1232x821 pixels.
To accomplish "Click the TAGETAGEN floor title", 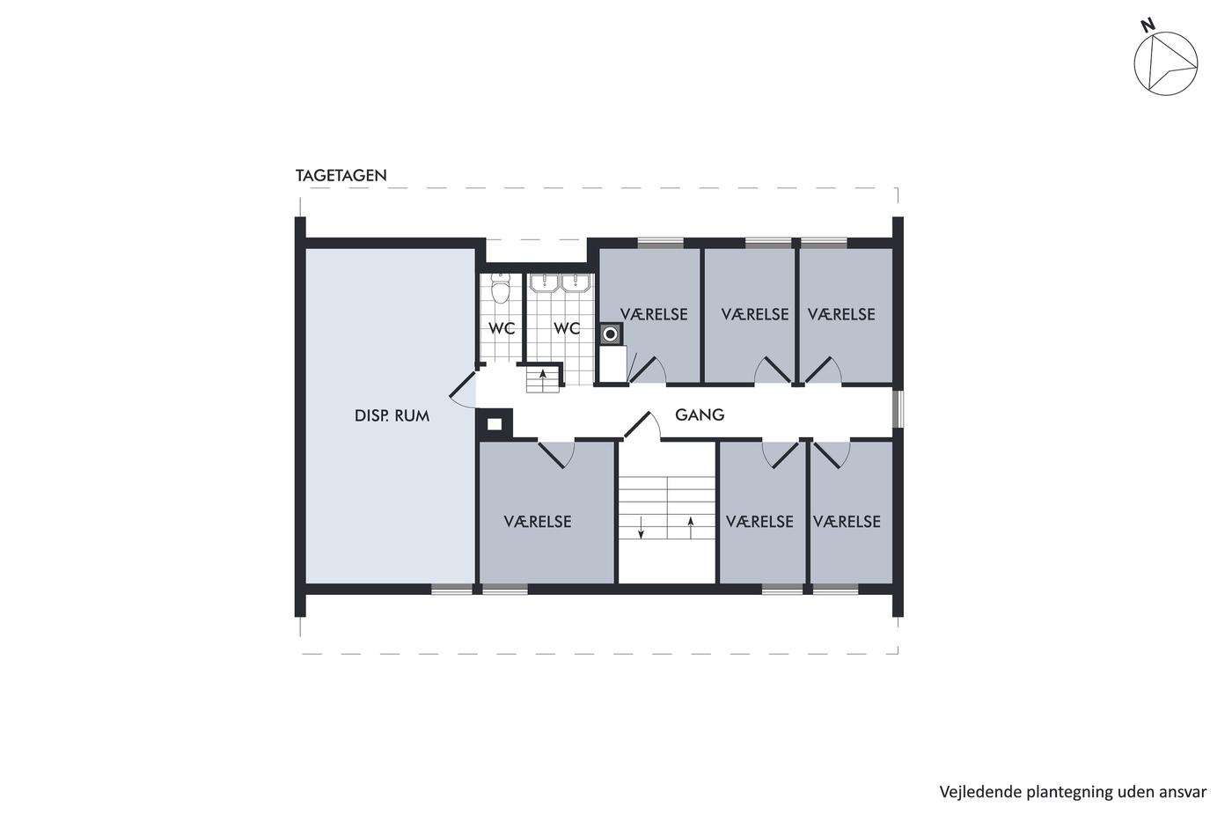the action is [x=341, y=175].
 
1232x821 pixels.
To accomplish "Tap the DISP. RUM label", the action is [x=392, y=415].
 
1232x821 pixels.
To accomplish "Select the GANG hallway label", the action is [x=700, y=414].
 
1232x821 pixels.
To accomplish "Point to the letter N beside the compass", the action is [x=1147, y=26].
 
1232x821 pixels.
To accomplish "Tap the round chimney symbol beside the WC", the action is [x=610, y=334].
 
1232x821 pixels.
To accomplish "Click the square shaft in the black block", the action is [x=495, y=424].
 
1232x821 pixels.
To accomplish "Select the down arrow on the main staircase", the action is [x=641, y=527].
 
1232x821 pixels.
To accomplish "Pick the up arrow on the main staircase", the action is [x=691, y=527].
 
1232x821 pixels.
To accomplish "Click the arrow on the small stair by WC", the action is [x=543, y=376].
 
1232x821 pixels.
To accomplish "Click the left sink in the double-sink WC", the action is [x=545, y=283].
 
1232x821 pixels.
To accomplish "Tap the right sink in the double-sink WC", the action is [x=576, y=283].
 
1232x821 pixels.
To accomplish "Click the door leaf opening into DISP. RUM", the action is [x=463, y=385].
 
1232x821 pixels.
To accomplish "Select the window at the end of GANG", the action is [x=898, y=408].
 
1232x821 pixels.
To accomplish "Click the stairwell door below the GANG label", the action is [x=637, y=425].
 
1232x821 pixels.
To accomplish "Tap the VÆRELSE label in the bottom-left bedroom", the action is [x=538, y=521].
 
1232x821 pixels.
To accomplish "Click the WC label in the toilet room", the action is [x=502, y=328].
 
